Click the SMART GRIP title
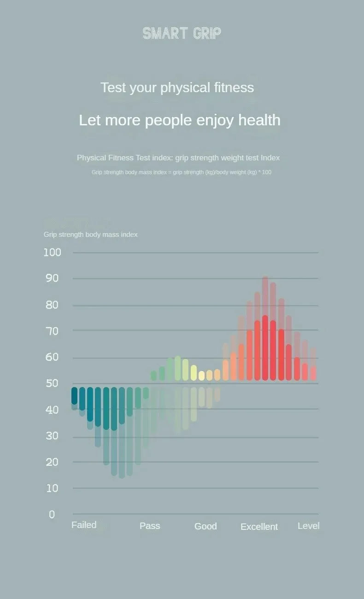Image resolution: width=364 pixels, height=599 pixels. (x=182, y=33)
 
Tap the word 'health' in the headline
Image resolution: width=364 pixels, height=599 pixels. (x=259, y=120)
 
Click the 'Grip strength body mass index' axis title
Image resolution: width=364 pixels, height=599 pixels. (x=90, y=235)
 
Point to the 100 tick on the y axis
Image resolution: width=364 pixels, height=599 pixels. (x=52, y=253)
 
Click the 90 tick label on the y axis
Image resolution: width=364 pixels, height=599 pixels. (x=52, y=278)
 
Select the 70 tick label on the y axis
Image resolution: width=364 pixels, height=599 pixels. (x=52, y=331)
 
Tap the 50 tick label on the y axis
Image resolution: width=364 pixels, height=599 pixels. (x=52, y=383)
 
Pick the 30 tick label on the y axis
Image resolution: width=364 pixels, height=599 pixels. (x=52, y=436)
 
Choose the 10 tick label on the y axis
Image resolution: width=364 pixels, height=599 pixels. (x=52, y=488)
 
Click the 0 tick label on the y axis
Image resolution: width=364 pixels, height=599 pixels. (x=52, y=515)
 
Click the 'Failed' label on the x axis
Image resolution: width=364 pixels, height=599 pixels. (x=84, y=525)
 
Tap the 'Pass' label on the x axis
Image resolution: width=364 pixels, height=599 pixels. (x=150, y=526)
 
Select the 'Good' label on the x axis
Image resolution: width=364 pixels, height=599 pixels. (x=205, y=526)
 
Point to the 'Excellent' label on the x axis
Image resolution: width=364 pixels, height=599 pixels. (x=259, y=527)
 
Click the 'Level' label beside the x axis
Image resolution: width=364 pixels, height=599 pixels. (x=308, y=526)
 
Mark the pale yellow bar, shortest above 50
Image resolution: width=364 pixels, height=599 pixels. (x=201, y=376)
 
